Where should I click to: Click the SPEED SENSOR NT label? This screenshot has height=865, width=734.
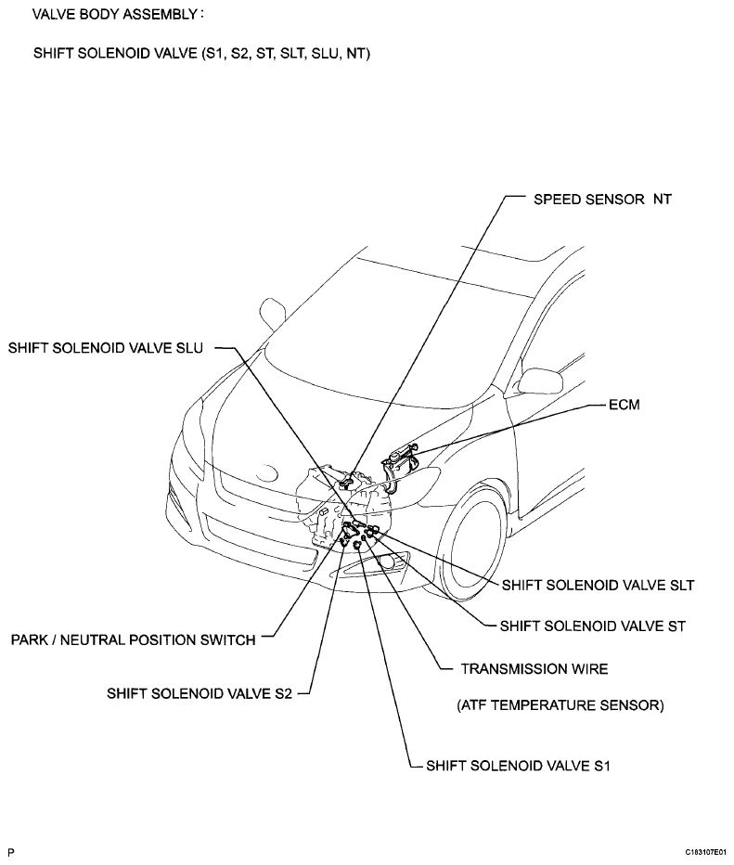click(602, 200)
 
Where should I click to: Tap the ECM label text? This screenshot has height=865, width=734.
click(625, 405)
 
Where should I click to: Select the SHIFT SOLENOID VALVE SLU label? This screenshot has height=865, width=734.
click(106, 348)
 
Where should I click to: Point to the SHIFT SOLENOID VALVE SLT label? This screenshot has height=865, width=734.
click(598, 585)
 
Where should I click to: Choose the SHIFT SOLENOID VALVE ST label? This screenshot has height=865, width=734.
click(593, 626)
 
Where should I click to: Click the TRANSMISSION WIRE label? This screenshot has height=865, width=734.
click(534, 668)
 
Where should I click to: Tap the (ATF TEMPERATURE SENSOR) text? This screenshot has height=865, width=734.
click(560, 705)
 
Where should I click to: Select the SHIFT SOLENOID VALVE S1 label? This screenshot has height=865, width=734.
click(518, 766)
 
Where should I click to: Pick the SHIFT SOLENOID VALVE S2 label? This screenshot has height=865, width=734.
click(200, 693)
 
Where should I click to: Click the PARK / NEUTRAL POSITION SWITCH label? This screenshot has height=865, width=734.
click(133, 639)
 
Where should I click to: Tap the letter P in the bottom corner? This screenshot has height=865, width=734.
click(11, 852)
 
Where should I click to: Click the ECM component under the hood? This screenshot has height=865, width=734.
click(399, 466)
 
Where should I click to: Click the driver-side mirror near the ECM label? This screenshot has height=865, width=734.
click(540, 381)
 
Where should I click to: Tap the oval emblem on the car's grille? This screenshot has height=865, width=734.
click(268, 473)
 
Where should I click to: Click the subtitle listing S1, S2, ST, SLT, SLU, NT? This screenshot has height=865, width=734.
click(202, 53)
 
